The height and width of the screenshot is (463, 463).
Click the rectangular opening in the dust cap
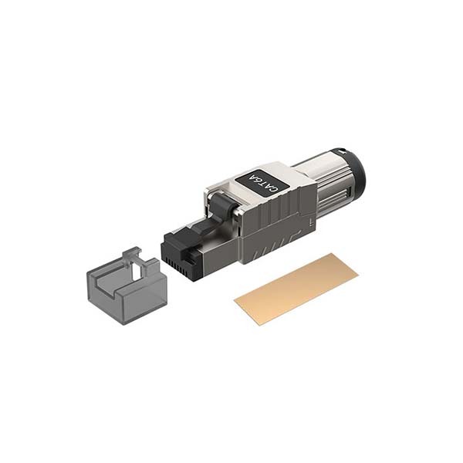coord(137,271)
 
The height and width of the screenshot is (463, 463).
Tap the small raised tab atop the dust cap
coord(132,253)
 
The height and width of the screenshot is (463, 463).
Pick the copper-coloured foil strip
coord(296,289)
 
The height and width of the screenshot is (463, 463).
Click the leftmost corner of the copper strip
coord(234,301)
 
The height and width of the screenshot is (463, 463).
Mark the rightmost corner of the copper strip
coord(359,275)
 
